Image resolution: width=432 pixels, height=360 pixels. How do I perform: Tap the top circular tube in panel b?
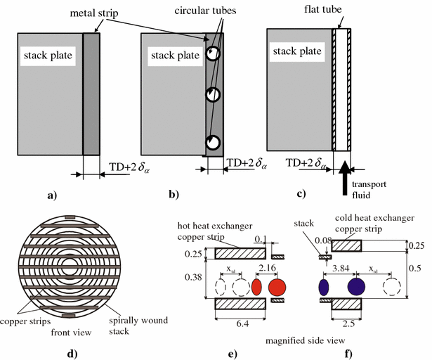214,53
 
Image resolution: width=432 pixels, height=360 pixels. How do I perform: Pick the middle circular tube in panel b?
214,95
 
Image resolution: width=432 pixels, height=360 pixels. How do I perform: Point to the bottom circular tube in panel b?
214,143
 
